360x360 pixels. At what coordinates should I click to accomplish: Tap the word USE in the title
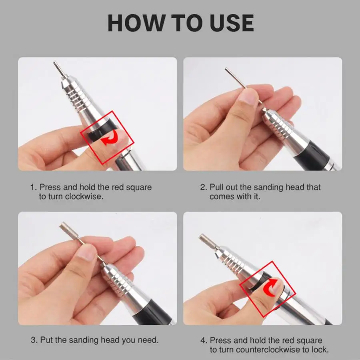coord(232,23)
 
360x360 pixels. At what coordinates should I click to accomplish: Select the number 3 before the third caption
coord(34,340)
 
